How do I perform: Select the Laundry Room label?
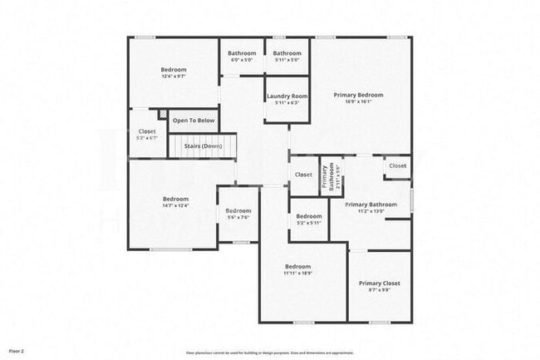287,96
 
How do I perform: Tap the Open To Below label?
194,121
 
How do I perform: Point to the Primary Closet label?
379,284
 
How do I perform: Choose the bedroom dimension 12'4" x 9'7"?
174,76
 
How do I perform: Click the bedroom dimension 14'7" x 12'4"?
175,205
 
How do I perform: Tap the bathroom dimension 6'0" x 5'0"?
241,60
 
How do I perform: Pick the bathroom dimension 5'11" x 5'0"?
287,60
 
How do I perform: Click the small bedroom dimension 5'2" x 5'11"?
309,223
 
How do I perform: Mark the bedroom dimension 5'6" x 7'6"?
238,218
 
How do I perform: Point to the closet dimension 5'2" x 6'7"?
147,138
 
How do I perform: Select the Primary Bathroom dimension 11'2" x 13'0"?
371,211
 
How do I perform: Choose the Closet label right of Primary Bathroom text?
398,165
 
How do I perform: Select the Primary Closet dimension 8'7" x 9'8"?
379,290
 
